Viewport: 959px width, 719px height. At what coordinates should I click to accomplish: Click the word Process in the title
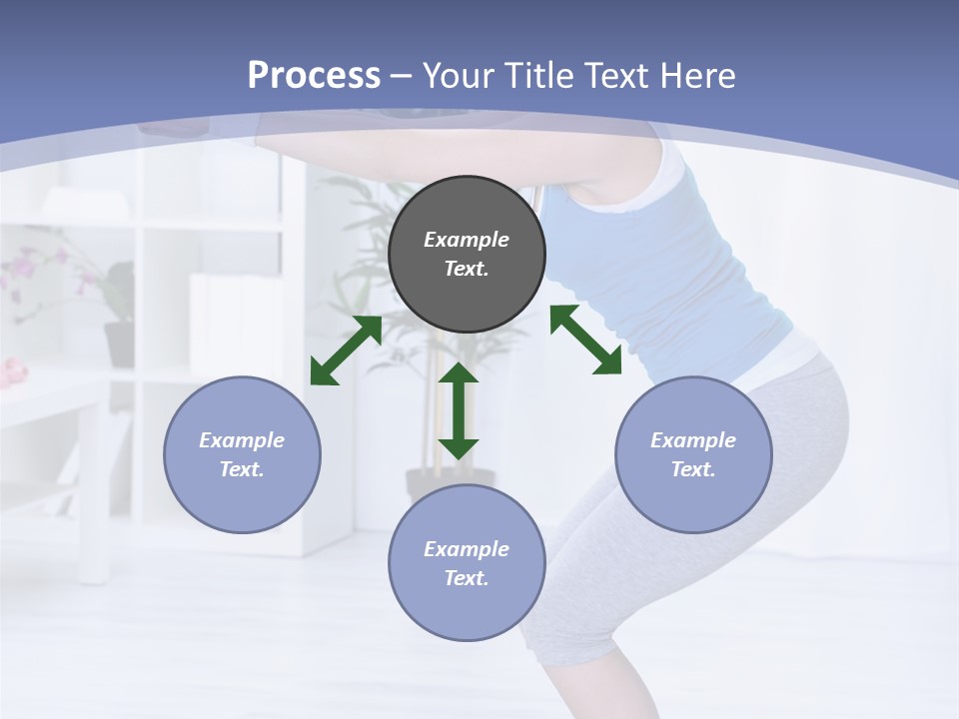point(314,76)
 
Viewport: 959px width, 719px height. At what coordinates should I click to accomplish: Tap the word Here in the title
point(697,76)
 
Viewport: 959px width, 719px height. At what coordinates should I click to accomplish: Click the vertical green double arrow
point(459,410)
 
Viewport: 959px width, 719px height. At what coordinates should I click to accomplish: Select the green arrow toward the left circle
point(346,351)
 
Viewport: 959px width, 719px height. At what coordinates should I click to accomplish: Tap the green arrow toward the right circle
point(585,340)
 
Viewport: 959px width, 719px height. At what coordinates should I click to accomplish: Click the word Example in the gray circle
point(467,240)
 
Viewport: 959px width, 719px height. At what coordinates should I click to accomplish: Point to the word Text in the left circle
point(241,469)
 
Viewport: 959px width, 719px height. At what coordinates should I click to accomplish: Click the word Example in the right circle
point(693,440)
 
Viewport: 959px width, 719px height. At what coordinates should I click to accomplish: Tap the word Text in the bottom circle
point(466,578)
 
